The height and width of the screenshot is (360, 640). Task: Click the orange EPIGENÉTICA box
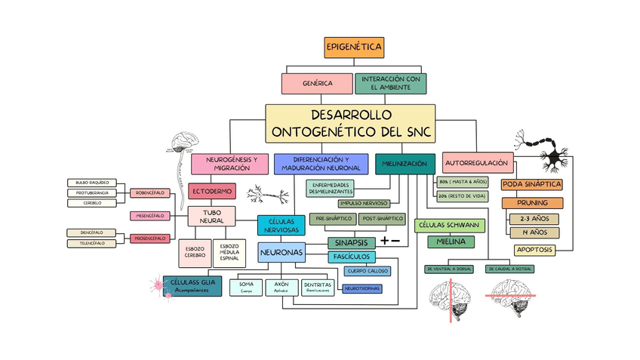(x=354, y=48)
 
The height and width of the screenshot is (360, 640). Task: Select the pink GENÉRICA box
(x=317, y=83)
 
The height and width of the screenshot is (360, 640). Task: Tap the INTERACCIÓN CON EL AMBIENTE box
(x=390, y=83)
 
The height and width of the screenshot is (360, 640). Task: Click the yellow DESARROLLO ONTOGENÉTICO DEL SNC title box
(x=350, y=124)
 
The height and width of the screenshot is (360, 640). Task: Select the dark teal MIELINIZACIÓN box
(x=405, y=164)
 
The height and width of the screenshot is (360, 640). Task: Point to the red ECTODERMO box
(x=211, y=191)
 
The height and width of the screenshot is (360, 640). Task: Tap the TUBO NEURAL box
(x=211, y=217)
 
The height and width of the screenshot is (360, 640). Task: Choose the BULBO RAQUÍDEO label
(x=92, y=183)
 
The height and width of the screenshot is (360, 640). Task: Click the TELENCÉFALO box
(x=92, y=244)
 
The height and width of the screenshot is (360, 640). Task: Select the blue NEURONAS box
(x=282, y=252)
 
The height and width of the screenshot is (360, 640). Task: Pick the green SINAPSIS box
(x=350, y=242)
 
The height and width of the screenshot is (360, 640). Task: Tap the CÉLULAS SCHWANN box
(x=450, y=226)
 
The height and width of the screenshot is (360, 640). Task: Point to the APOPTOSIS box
(x=535, y=250)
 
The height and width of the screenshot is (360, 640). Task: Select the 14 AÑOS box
(x=534, y=232)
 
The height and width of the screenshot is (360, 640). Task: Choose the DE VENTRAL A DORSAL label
(x=450, y=269)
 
